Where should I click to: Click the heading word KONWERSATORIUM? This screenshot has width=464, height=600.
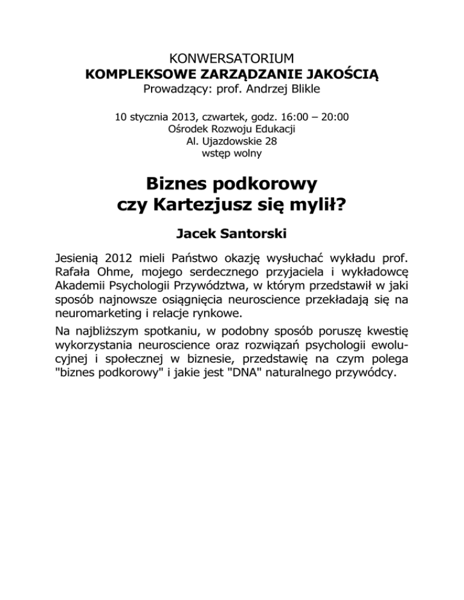pos(232,59)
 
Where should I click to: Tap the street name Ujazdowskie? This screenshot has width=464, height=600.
pos(232,141)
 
